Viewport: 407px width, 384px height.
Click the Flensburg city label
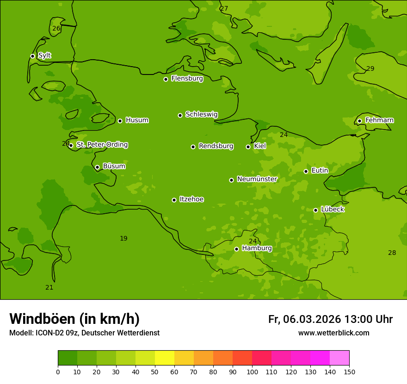[x=187, y=79]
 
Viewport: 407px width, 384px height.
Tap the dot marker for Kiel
[x=248, y=147]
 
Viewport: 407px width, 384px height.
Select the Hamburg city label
[x=257, y=248]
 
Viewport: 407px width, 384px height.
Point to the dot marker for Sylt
[x=32, y=56]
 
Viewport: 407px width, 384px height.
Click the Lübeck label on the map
[x=332, y=210]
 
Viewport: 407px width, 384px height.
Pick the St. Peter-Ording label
[x=102, y=145]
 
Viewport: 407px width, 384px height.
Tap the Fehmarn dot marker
[x=359, y=121]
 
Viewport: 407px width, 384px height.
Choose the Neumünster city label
[x=257, y=179]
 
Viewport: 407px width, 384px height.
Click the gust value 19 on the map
[x=123, y=239]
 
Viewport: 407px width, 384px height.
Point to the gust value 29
[x=370, y=69]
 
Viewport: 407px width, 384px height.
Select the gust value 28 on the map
[x=392, y=253]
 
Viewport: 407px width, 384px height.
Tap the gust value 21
[x=49, y=288]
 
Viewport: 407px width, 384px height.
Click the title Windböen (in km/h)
[x=74, y=319]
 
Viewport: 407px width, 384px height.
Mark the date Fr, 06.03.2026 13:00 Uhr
[x=330, y=319]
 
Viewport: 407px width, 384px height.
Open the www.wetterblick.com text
[x=333, y=333]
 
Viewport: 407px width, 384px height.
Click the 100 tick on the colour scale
[x=252, y=372]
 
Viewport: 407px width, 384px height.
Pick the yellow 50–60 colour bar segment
[x=165, y=358]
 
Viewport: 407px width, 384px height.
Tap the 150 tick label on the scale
[x=349, y=372]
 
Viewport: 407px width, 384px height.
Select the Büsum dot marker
[x=97, y=167]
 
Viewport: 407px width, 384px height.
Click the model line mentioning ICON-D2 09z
[x=84, y=333]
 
